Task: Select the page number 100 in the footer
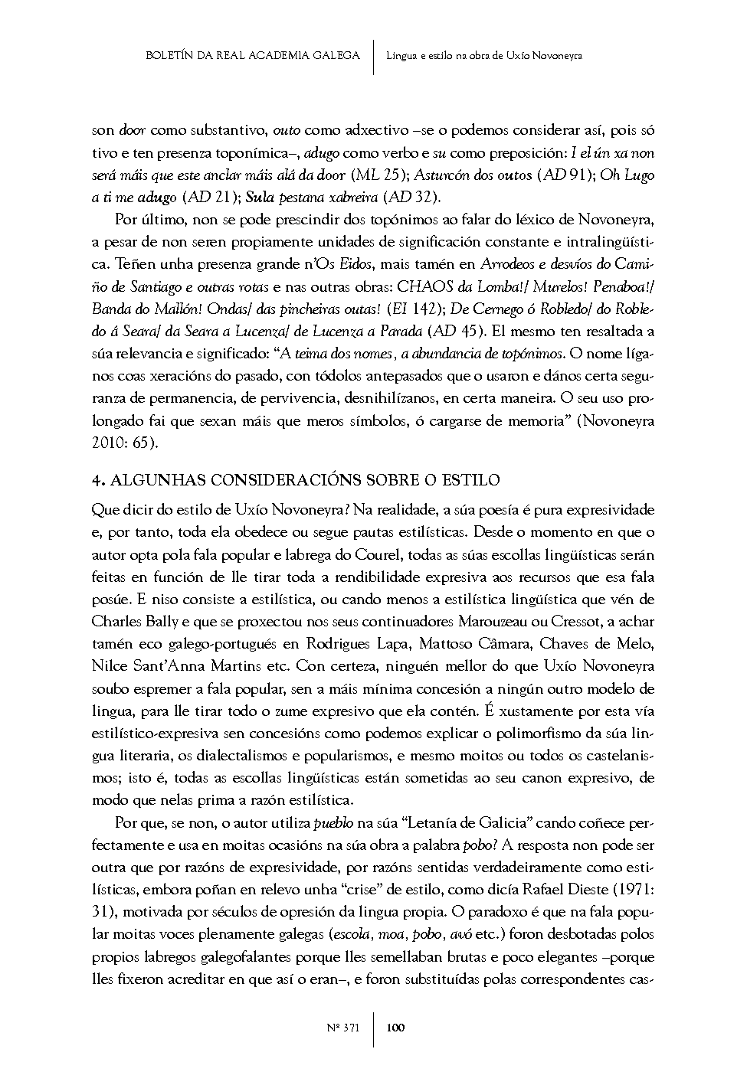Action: pos(395,1028)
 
